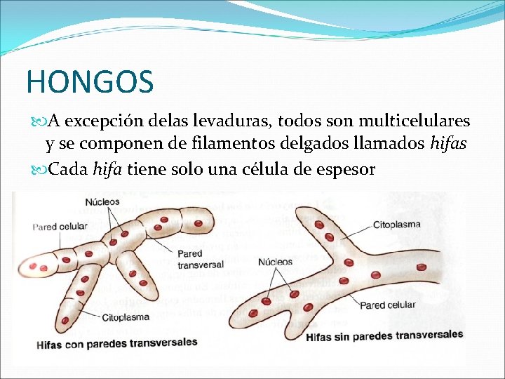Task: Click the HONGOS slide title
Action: (90, 81)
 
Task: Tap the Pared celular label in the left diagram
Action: (60, 226)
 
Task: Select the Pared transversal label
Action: (201, 259)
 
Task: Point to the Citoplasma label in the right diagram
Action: (396, 225)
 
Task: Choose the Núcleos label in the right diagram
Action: (276, 262)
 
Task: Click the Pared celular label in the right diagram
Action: (387, 305)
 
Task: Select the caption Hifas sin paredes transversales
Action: (384, 335)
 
